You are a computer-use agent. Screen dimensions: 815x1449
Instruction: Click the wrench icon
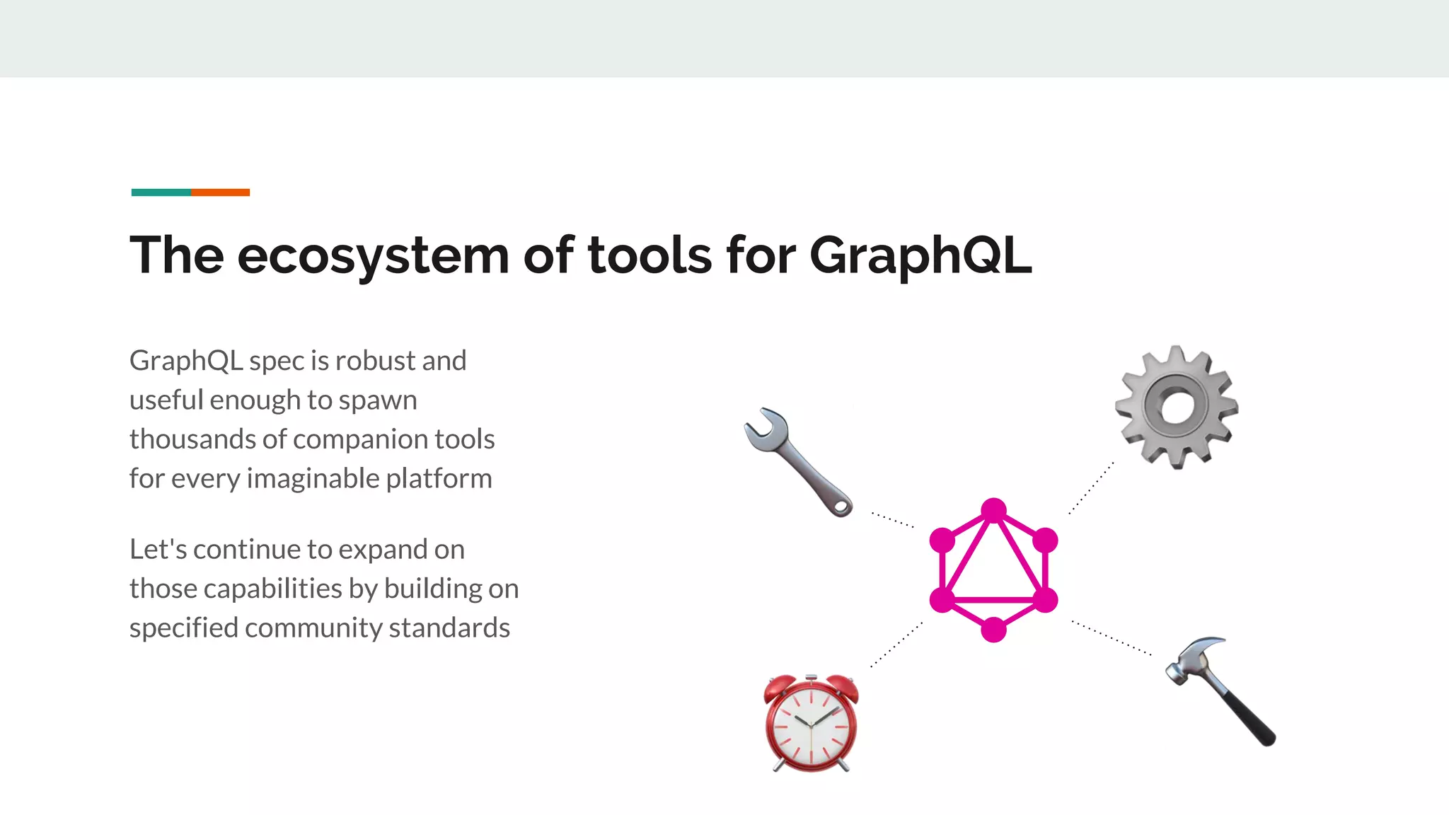[x=797, y=461]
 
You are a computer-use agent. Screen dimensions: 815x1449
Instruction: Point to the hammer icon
[x=1220, y=689]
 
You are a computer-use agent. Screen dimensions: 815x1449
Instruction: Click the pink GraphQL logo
[x=993, y=570]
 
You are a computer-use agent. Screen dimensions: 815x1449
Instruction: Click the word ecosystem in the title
[x=373, y=256]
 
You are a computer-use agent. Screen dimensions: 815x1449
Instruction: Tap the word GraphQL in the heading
[x=920, y=256]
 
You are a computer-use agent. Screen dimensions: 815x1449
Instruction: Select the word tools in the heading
[x=650, y=256]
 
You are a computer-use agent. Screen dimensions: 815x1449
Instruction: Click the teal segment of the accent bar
[x=161, y=192]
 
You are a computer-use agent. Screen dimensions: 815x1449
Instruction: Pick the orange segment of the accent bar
[x=220, y=192]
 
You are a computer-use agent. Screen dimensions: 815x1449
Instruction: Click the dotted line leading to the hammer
[x=1111, y=638]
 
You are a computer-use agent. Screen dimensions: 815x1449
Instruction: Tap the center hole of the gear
[x=1176, y=407]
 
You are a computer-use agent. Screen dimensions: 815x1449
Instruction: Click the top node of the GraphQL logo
[x=993, y=510]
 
